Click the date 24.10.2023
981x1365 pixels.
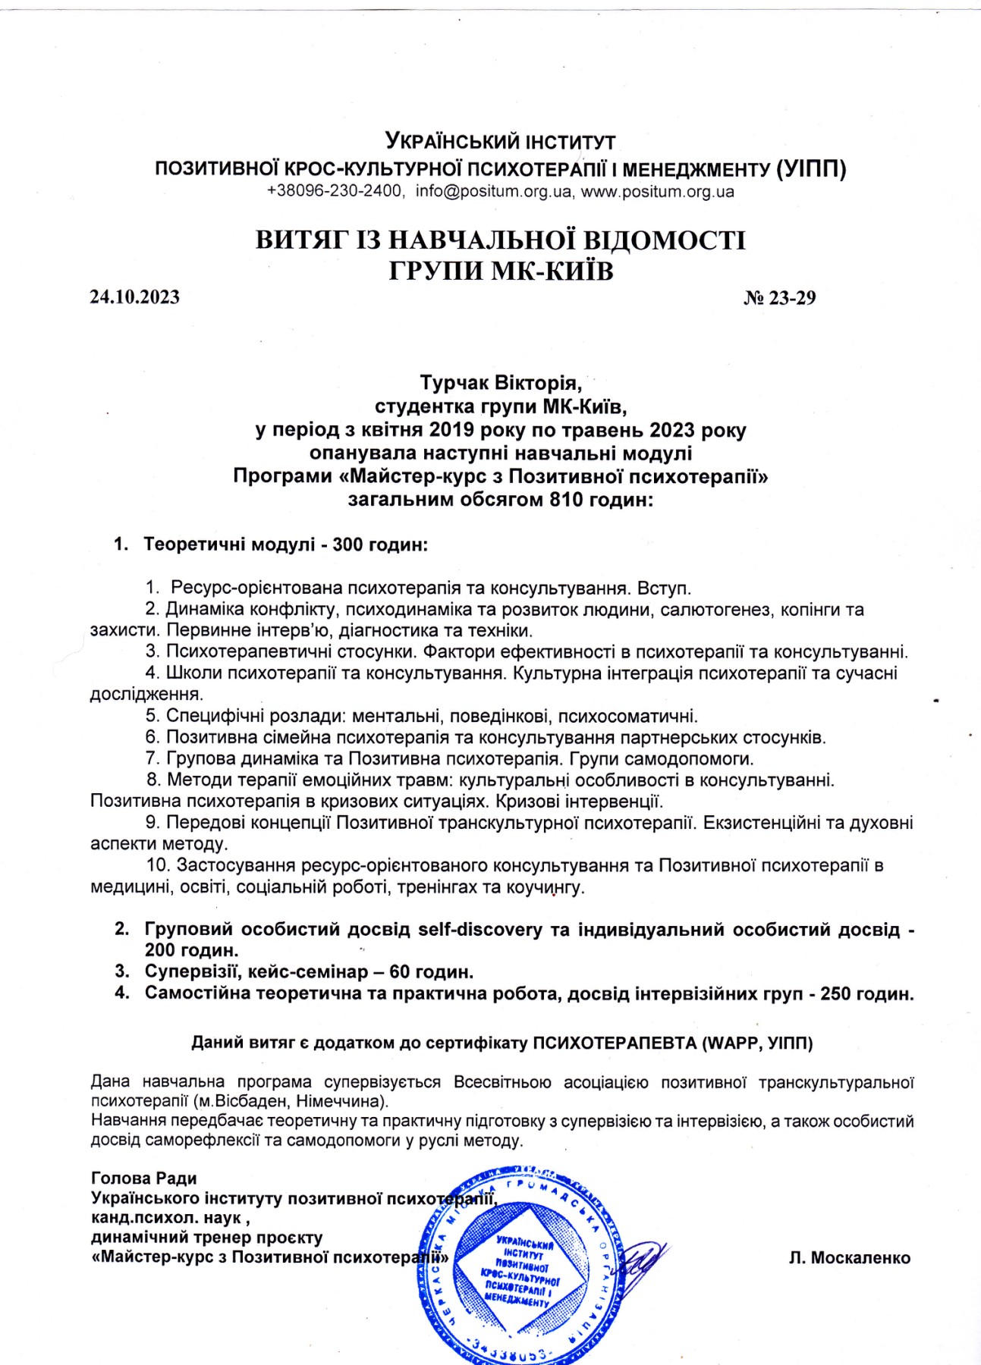point(135,297)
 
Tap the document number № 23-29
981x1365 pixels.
point(779,297)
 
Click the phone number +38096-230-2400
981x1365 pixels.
point(335,191)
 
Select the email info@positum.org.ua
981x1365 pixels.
point(493,191)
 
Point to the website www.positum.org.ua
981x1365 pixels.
point(657,191)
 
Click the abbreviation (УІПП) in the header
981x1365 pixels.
point(811,168)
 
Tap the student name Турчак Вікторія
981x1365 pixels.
point(501,383)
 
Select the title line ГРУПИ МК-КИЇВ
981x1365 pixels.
point(501,271)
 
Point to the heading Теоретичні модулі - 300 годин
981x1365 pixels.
point(285,544)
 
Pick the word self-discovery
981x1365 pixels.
point(480,929)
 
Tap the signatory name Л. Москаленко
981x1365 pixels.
point(849,1257)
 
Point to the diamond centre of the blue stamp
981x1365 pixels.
point(522,1268)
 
